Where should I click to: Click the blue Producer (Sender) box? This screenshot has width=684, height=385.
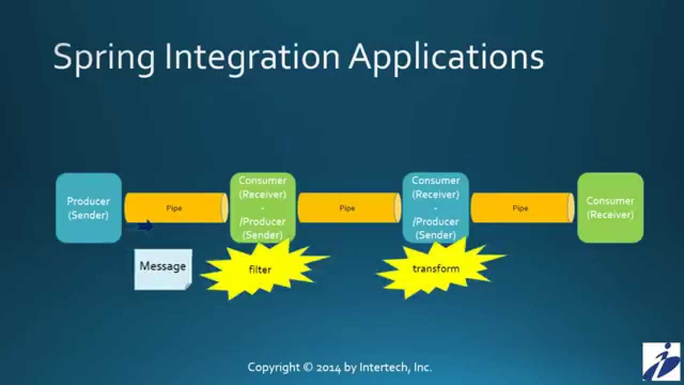pos(89,208)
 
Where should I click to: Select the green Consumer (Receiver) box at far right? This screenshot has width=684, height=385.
pos(610,208)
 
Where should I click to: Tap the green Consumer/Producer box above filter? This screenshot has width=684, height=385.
pos(262,207)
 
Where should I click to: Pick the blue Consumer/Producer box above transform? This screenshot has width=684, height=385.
pos(436,207)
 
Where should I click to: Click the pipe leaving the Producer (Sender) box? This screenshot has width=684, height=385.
pos(175,208)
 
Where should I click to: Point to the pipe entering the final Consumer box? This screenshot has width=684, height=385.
pos(522,208)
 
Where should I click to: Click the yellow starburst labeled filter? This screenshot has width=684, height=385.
pos(260,269)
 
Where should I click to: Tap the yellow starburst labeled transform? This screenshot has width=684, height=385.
pos(436,268)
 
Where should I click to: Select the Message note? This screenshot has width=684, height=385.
pos(163,269)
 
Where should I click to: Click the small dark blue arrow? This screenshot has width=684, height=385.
pos(145,226)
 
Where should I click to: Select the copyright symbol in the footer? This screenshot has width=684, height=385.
pos(308,367)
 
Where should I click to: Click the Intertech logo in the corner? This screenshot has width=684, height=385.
pos(662,362)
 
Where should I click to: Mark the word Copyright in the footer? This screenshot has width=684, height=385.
pos(274,368)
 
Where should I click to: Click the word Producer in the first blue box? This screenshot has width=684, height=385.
pos(88,202)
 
